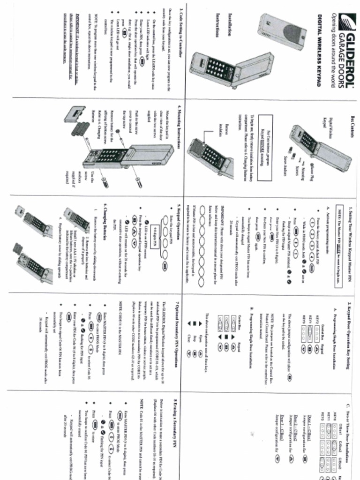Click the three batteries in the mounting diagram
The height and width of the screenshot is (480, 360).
[80, 128]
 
